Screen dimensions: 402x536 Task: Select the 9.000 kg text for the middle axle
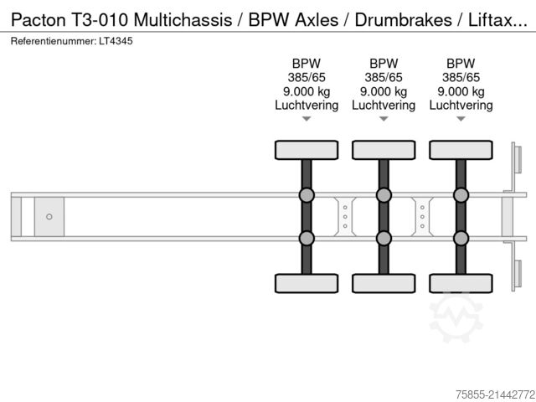(384, 91)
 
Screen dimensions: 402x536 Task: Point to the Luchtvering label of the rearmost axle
(461, 106)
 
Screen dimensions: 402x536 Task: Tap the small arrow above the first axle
(307, 120)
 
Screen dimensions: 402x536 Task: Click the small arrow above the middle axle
(384, 120)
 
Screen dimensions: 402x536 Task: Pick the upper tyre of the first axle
(307, 150)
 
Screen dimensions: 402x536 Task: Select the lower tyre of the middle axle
(384, 282)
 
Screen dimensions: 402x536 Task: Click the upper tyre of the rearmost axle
(461, 150)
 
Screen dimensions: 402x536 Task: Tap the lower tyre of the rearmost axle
(461, 282)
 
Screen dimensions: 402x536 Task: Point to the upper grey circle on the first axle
(307, 195)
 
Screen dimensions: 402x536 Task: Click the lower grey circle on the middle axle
(384, 238)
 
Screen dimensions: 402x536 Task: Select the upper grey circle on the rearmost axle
(461, 195)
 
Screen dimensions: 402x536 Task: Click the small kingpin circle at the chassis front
(49, 217)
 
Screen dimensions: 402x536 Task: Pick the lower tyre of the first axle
(307, 282)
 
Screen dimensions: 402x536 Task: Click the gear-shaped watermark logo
(456, 315)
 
